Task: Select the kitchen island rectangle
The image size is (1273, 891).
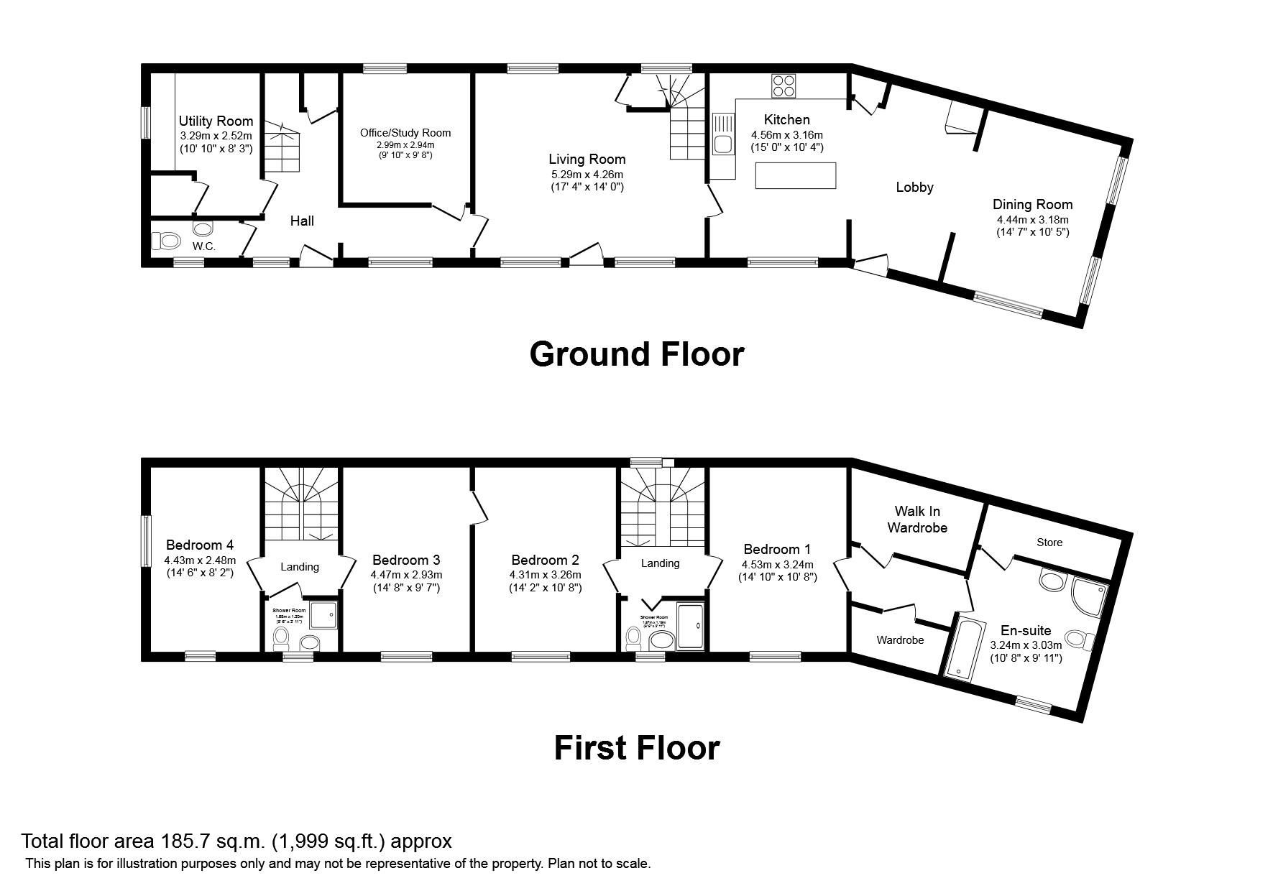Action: pyautogui.click(x=795, y=175)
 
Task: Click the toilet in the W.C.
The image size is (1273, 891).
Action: pyautogui.click(x=166, y=240)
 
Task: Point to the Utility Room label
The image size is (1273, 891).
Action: pyautogui.click(x=216, y=121)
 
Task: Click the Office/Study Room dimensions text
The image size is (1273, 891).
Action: pyautogui.click(x=405, y=149)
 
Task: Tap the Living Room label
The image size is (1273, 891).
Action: pyautogui.click(x=587, y=160)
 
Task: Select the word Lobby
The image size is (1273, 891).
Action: pyautogui.click(x=914, y=188)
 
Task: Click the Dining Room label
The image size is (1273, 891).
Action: pyautogui.click(x=1032, y=205)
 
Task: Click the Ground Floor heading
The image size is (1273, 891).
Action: pyautogui.click(x=636, y=354)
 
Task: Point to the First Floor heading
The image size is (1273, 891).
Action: pyautogui.click(x=636, y=748)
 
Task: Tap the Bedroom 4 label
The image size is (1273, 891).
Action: pyautogui.click(x=199, y=545)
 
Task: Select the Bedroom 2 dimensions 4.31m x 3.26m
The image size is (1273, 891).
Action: pyautogui.click(x=545, y=575)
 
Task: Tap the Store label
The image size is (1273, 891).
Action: pyautogui.click(x=1049, y=543)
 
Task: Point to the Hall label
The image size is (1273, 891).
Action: pyautogui.click(x=302, y=221)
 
